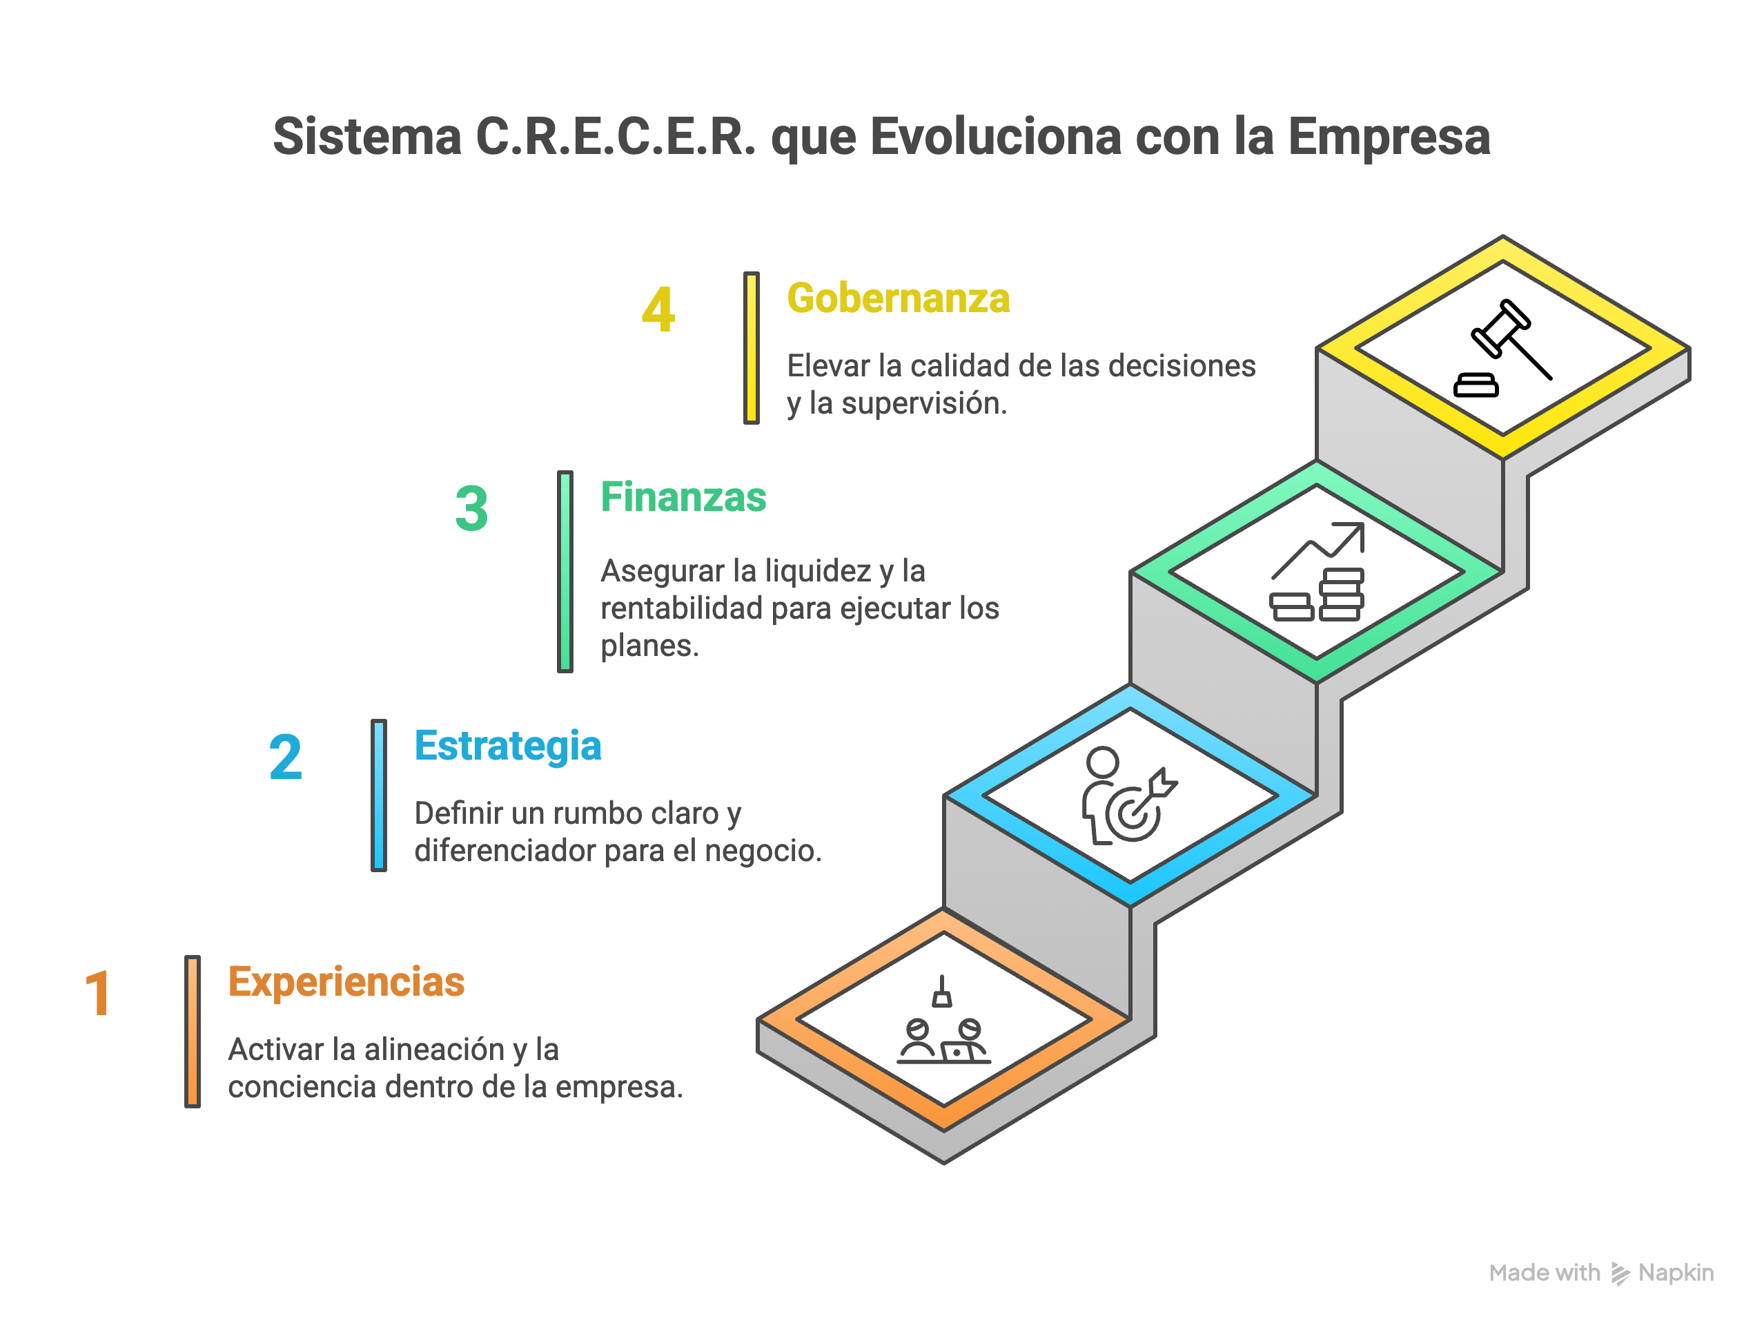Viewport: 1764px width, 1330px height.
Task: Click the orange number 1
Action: pos(97,994)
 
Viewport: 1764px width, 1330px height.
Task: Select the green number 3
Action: pos(471,509)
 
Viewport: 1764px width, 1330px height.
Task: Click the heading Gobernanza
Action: pos(898,298)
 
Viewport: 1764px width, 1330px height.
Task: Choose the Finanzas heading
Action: pos(683,498)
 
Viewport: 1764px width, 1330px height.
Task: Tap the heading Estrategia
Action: pos(507,746)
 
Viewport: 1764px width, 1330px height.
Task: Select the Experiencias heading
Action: pos(346,981)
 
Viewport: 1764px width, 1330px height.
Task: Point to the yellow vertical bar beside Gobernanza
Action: pos(751,348)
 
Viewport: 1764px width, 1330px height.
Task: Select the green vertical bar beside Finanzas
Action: pos(565,571)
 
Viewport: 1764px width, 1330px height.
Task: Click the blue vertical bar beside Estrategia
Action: pos(379,795)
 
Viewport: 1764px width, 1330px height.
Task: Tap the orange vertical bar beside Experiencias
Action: pos(192,1031)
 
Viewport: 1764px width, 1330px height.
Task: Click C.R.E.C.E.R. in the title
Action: pos(615,137)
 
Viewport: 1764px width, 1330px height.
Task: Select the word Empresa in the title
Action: pos(1389,137)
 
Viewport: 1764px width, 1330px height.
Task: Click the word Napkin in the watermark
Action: pos(1676,1273)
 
